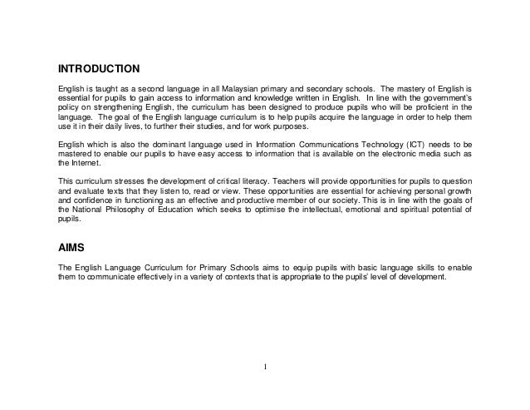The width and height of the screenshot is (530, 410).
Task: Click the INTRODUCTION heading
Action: pos(97,67)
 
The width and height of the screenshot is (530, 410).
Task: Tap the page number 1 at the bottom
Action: pos(264,366)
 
